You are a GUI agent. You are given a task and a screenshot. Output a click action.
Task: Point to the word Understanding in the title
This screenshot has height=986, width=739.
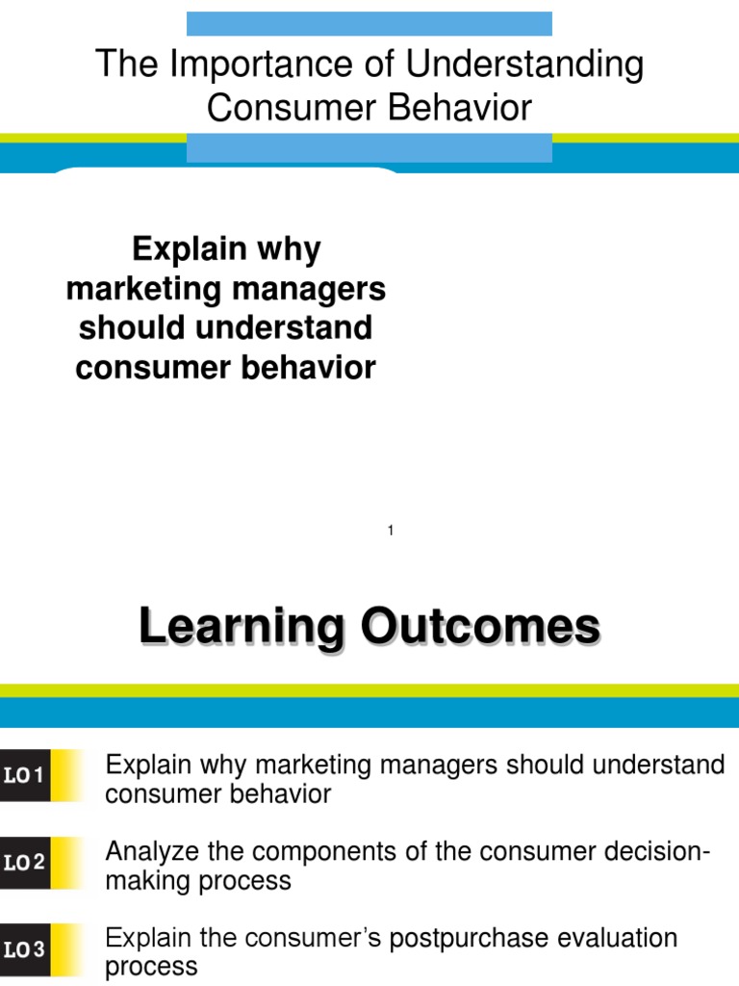pos(524,65)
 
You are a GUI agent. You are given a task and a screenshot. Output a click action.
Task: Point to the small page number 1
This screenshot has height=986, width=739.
pos(391,531)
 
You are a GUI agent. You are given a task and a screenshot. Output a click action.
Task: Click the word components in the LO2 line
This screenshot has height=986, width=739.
pos(338,851)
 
